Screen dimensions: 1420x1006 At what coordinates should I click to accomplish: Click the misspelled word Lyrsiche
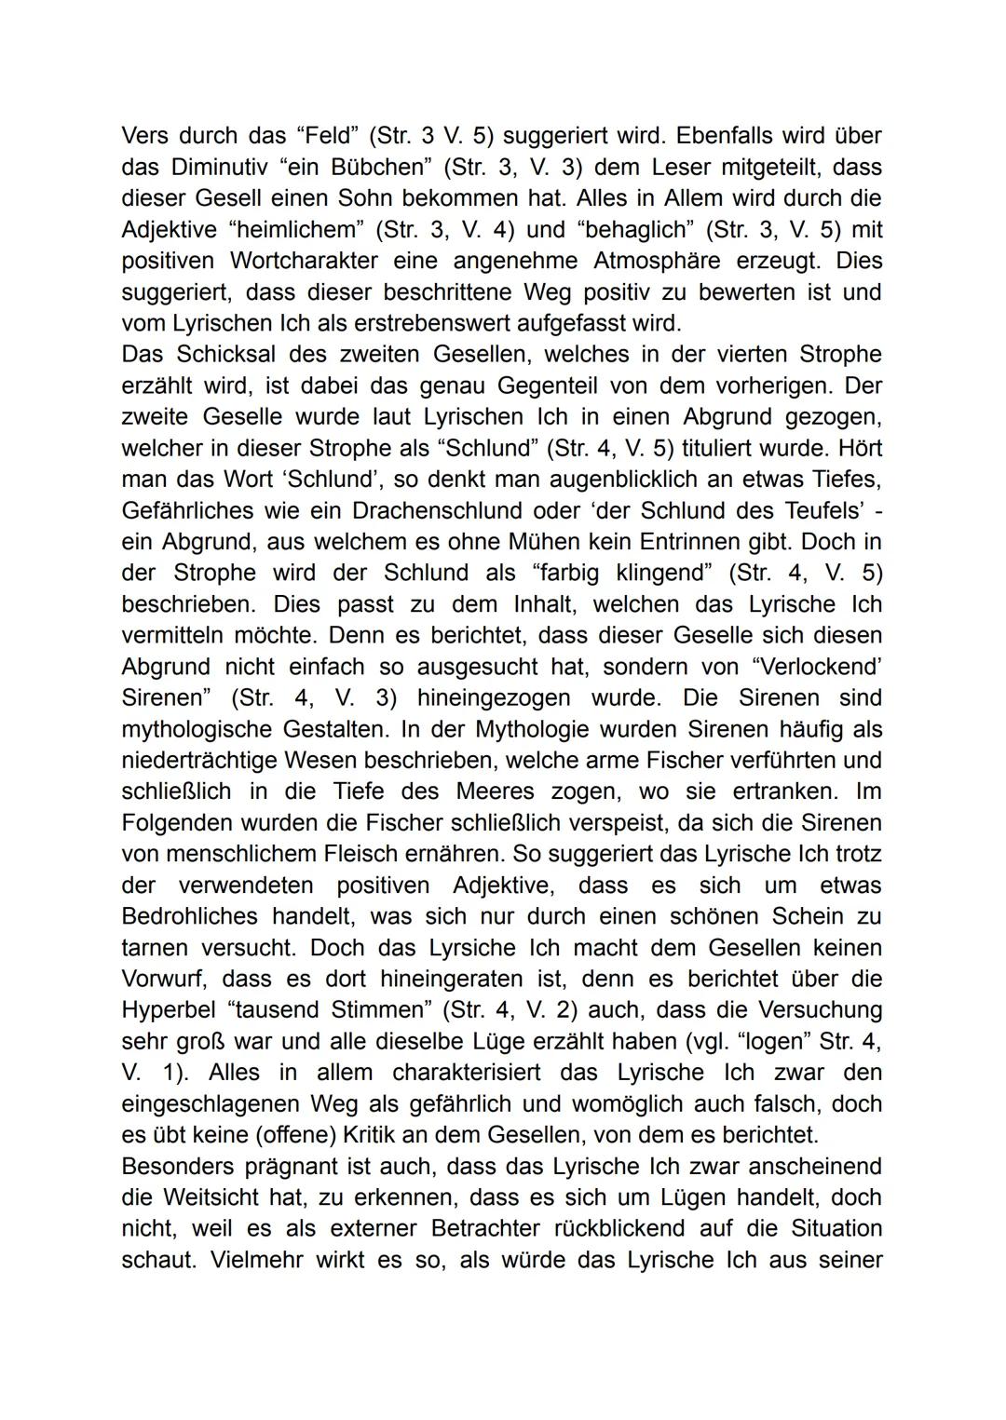483,947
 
